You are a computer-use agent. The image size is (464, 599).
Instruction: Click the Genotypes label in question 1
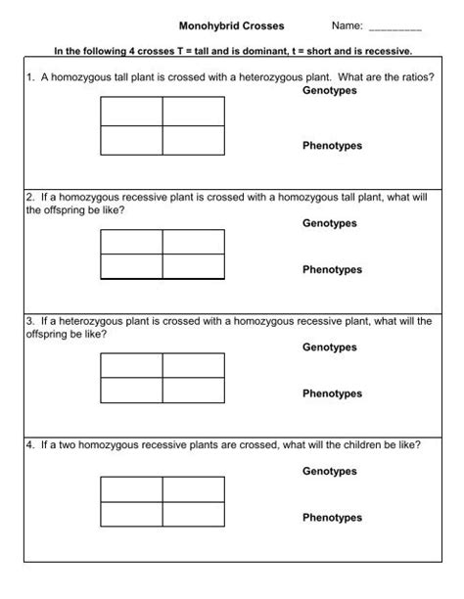point(330,90)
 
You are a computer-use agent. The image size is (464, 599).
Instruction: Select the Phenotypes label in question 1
point(332,146)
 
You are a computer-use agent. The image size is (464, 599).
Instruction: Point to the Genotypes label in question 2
point(330,223)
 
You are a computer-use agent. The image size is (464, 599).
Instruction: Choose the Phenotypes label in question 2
point(332,270)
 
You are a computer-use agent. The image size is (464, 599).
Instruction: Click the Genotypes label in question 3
point(330,347)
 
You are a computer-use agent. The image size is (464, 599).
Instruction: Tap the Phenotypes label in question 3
point(332,393)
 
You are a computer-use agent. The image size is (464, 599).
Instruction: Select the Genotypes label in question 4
point(330,472)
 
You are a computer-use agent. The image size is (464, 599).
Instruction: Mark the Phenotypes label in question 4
point(332,518)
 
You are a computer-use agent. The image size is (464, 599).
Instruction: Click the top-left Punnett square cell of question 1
point(131,113)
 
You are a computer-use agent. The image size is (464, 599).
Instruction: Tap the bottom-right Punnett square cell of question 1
point(193,141)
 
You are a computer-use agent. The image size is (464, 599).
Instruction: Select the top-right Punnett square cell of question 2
point(193,242)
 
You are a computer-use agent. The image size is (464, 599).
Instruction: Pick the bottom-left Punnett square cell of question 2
point(131,266)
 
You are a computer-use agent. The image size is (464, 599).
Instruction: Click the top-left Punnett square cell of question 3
point(131,365)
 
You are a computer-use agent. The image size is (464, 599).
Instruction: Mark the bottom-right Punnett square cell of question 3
point(193,391)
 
